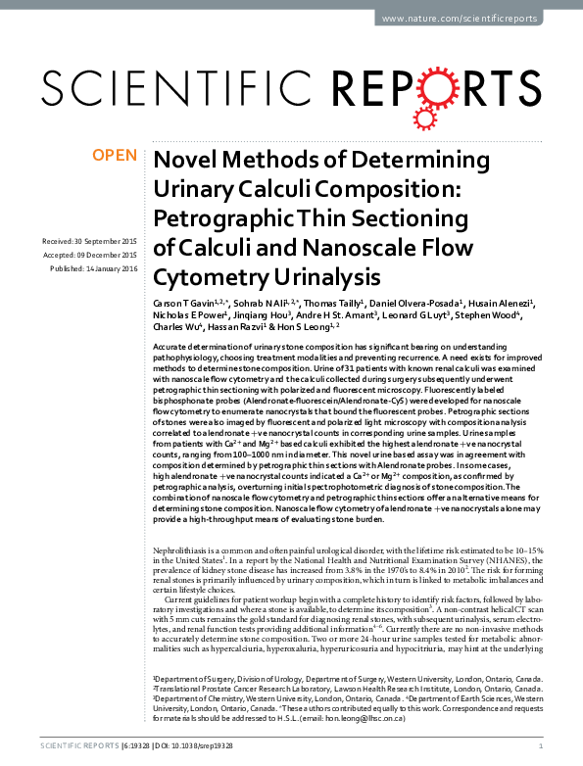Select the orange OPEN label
coord(116,155)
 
